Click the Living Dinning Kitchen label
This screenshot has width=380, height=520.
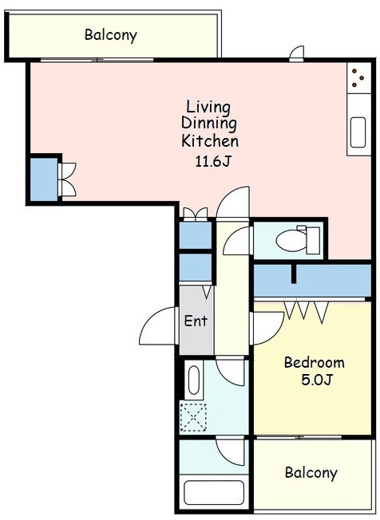coord(210,124)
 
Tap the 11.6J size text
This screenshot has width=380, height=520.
coord(212,161)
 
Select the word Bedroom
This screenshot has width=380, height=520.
coord(314,362)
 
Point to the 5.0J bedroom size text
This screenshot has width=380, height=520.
coord(317,380)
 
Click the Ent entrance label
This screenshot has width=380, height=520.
coord(196,321)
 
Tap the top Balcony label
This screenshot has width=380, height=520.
coord(110,35)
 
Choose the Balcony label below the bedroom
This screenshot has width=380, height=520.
coord(311,473)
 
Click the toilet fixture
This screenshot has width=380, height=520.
coord(298,239)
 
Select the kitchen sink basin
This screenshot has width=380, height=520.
coord(358,132)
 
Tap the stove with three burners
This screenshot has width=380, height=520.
coord(358,78)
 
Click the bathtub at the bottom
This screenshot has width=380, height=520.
coord(214,494)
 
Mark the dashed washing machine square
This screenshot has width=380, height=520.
coord(193,417)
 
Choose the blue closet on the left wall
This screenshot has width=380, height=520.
coord(44,179)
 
